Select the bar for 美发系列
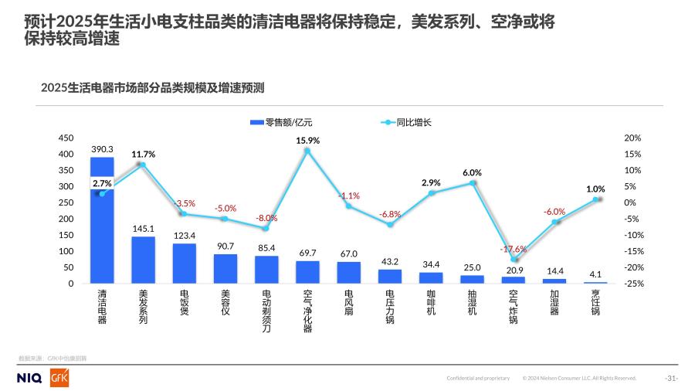click(143, 260)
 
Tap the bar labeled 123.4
click(184, 263)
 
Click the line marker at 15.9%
click(307, 151)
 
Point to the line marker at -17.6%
click(514, 259)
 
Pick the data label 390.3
click(102, 149)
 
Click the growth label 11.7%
click(143, 154)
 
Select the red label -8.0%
click(266, 218)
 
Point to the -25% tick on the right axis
click(632, 284)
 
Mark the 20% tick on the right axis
click(632, 138)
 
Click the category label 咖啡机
click(431, 302)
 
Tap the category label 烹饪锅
click(596, 302)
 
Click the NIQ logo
click(30, 378)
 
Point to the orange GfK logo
click(59, 377)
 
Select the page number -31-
click(671, 378)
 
